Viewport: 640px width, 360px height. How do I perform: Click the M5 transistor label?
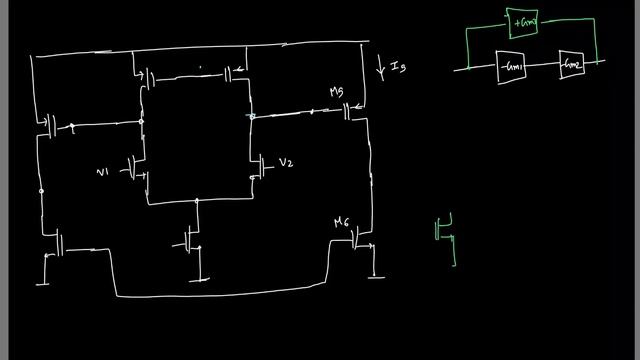point(337,93)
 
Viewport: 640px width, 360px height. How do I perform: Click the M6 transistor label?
point(342,223)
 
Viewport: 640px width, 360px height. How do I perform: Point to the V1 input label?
point(102,173)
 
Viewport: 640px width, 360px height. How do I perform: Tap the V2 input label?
point(286,163)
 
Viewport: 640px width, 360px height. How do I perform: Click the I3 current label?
point(397,69)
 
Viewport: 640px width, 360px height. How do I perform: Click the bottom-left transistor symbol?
point(57,242)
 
